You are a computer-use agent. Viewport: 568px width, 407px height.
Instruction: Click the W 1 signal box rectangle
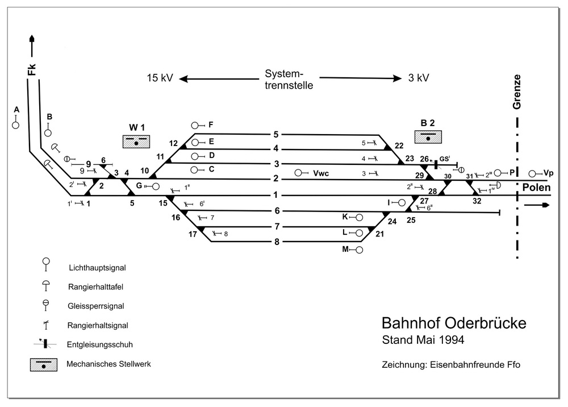coord(136,142)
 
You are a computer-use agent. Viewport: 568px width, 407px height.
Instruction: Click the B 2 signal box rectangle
coord(428,136)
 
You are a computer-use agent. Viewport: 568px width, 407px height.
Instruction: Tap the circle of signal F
coord(195,126)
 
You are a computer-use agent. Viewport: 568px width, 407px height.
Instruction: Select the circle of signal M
coord(359,250)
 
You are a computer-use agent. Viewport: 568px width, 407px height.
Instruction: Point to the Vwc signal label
coord(320,173)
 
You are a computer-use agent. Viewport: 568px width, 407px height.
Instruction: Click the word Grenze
coord(516,92)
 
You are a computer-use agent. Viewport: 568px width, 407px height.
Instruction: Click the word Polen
coord(536,188)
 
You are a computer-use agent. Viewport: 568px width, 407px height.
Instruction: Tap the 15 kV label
coord(160,78)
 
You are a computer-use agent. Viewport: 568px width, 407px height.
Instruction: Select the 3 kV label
coord(419,77)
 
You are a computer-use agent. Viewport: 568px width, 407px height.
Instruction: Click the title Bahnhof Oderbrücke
coord(454,323)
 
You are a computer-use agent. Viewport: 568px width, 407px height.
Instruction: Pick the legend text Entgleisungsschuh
coord(99,344)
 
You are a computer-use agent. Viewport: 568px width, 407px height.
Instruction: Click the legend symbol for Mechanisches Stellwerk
coord(44,364)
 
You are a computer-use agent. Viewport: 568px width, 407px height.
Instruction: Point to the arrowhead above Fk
coord(32,39)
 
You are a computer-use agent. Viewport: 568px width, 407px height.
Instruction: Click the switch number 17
coord(193,234)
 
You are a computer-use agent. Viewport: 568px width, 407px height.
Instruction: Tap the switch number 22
coord(399,146)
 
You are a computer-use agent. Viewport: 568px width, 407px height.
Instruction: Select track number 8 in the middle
coord(277,242)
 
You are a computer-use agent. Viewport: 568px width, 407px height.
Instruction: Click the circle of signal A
coord(15,126)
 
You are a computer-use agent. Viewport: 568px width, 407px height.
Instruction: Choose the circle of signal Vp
coord(532,174)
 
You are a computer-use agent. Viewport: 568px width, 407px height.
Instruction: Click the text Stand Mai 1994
coord(423,340)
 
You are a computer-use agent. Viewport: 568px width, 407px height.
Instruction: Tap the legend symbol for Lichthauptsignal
coord(46,261)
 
